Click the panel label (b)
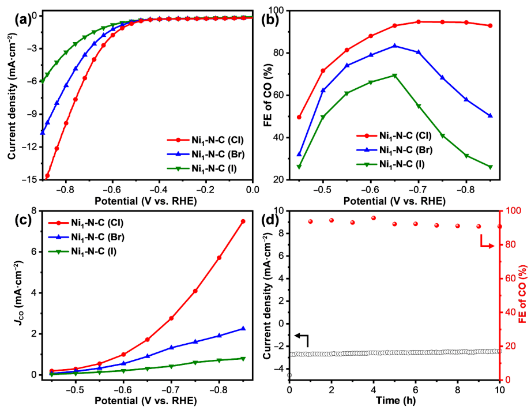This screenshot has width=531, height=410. tap(270, 18)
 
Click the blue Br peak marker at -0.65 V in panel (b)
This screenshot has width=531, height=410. tap(395, 46)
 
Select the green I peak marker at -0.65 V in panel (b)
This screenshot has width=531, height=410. tap(395, 76)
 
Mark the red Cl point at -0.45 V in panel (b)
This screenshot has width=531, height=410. tap(299, 117)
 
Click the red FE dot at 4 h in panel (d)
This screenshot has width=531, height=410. tap(374, 218)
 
